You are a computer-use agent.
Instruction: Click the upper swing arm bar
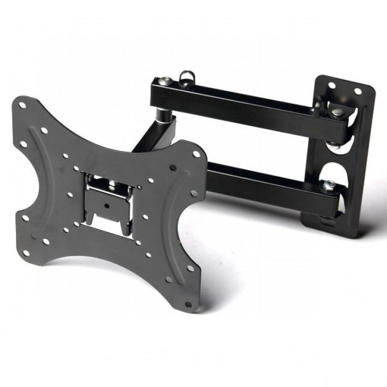(252, 104)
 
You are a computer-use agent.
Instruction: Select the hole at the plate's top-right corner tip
(195, 154)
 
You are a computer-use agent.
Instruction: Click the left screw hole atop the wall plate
(332, 86)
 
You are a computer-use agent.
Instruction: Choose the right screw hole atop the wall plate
(358, 91)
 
